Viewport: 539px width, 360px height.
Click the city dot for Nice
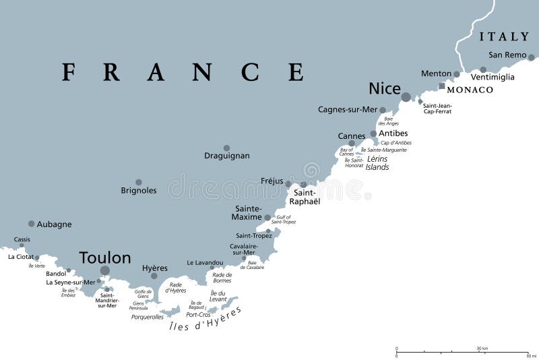pos(406,97)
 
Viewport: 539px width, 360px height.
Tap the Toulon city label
pos(105,258)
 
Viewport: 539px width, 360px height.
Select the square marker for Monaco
pos(442,86)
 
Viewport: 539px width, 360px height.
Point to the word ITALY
pos(505,36)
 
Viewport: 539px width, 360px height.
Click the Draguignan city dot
pos(226,148)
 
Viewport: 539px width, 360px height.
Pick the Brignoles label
pos(139,191)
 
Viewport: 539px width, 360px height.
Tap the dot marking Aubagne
pos(31,223)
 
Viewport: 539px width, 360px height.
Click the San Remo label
pos(507,55)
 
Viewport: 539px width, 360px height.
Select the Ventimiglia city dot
pos(483,69)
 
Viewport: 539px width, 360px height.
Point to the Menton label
pos(436,73)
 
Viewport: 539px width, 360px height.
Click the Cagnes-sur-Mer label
pos(347,109)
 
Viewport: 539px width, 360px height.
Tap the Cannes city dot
pos(352,143)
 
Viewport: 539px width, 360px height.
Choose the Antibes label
pos(393,133)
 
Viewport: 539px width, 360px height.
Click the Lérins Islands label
pos(377,163)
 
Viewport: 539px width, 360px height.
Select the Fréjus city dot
pos(288,183)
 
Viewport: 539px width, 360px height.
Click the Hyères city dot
pos(154,275)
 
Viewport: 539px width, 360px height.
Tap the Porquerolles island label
pos(148,316)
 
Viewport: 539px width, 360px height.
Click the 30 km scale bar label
pos(482,348)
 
